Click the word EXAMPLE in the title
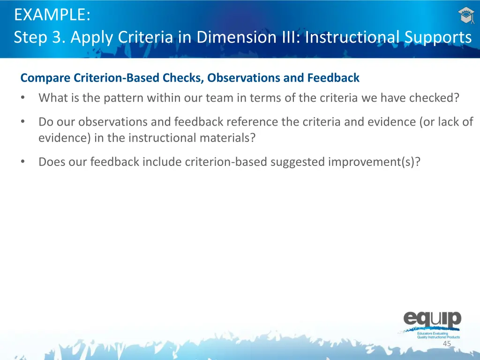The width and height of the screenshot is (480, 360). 52,15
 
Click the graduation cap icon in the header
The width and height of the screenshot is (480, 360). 466,16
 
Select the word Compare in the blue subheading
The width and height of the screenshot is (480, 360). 45,78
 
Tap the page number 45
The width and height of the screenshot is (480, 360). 447,344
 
